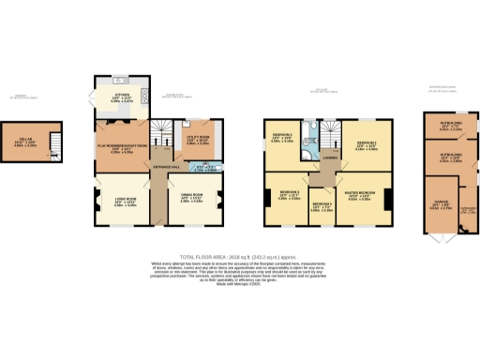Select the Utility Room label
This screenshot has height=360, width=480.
(x=196, y=140)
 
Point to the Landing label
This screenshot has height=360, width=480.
(x=331, y=158)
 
